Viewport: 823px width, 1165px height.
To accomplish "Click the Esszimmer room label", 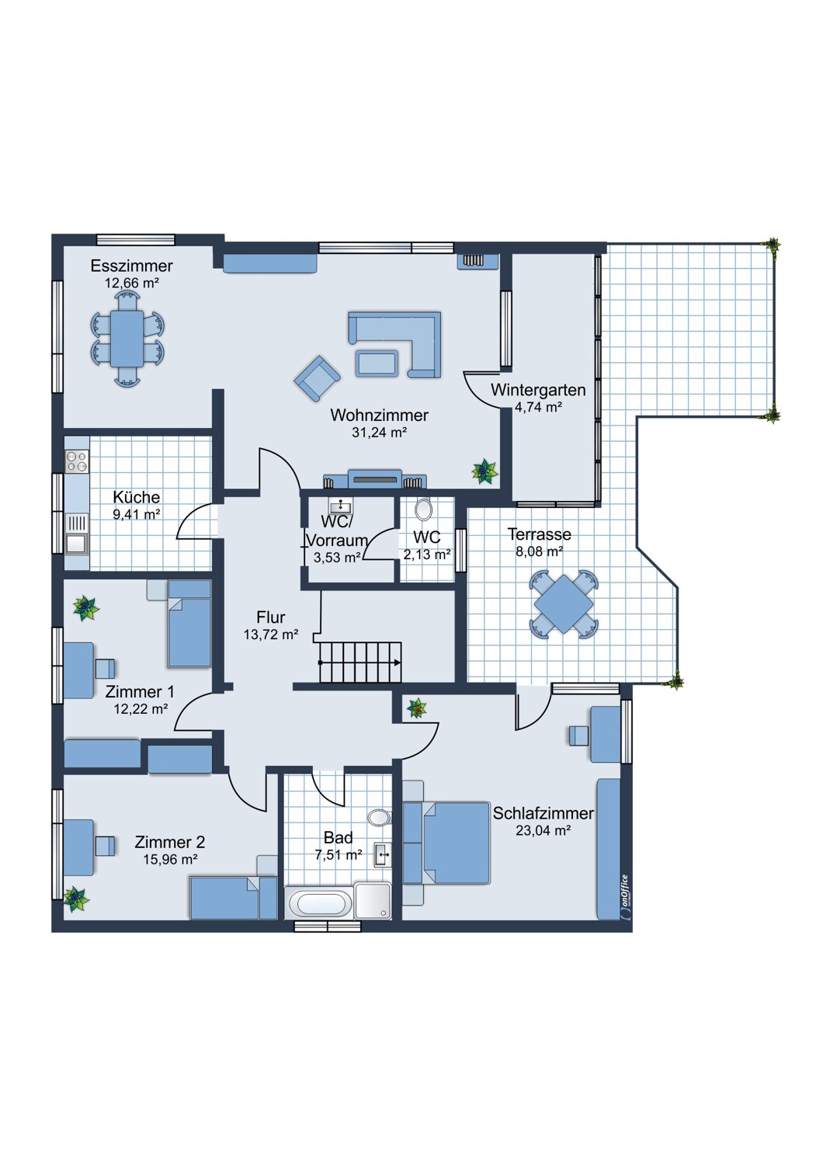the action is (131, 266).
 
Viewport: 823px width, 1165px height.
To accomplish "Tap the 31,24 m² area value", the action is (379, 432).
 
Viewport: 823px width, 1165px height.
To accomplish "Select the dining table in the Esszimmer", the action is (127, 338).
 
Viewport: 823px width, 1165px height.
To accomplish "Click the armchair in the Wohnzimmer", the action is (317, 379).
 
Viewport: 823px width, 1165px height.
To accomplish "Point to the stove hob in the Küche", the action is (77, 461).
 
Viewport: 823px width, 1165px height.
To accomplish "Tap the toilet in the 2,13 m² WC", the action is (424, 509).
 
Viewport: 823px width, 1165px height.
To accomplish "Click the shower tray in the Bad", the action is (373, 901).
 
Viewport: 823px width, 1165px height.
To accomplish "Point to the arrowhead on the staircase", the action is (398, 662).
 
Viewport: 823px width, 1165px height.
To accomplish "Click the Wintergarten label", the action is (538, 390).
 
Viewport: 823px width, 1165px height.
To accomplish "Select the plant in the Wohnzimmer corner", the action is (484, 471).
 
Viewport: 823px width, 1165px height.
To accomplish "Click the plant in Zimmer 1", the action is (85, 608).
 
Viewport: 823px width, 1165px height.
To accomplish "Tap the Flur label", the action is (270, 617).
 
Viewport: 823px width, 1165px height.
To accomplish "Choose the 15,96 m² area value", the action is (170, 860).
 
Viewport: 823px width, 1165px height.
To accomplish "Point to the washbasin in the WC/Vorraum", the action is (341, 505).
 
